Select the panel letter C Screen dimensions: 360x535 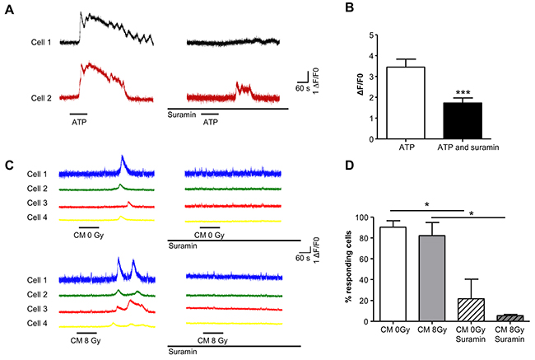coord(8,164)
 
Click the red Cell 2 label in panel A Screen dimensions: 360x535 coord(39,97)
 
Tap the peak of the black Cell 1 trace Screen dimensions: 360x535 coord(81,13)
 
